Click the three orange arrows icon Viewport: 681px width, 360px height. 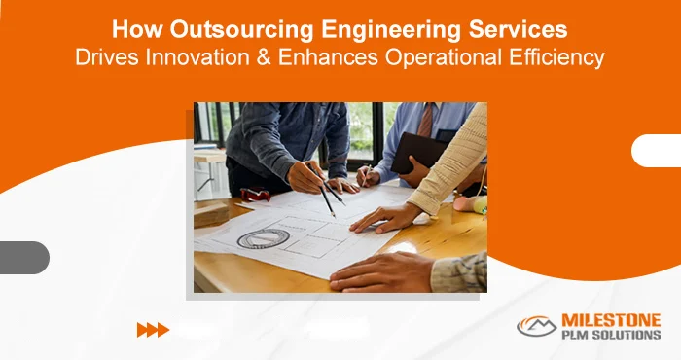point(153,329)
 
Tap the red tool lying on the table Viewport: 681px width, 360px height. point(255,194)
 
